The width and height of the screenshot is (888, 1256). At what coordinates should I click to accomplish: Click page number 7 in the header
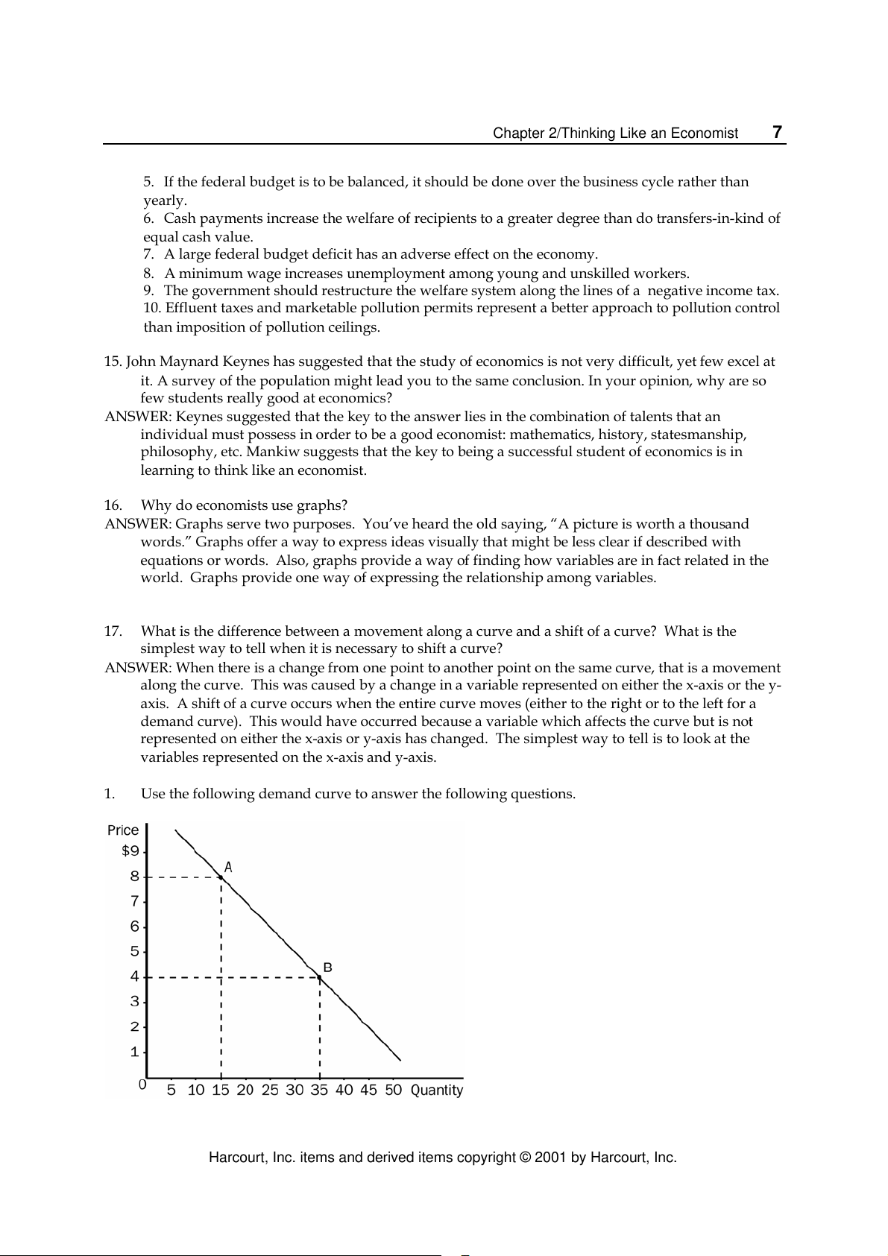[777, 133]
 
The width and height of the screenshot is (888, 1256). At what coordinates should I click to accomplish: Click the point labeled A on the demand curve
[221, 877]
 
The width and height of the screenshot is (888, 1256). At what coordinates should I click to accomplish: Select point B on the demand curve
[320, 976]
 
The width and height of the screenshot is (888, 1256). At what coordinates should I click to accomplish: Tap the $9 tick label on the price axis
[130, 851]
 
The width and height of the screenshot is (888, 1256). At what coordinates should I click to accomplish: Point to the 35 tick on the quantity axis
[319, 1090]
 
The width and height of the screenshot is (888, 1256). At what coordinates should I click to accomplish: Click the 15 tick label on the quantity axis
[221, 1090]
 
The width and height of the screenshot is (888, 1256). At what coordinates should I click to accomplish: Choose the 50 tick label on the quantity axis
[393, 1090]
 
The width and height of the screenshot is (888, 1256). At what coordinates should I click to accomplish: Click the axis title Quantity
[437, 1090]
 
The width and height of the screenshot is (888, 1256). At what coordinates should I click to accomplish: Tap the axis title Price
[123, 830]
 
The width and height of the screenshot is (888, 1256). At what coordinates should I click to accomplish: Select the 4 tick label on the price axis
[135, 976]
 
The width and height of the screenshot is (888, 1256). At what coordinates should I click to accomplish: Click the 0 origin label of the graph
[142, 1085]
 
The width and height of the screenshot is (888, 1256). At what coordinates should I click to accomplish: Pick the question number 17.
[113, 631]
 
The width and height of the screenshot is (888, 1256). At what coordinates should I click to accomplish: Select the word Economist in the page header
[704, 133]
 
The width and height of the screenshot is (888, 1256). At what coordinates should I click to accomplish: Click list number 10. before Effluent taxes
[152, 309]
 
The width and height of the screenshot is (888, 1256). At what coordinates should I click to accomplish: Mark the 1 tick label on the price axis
[135, 1053]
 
